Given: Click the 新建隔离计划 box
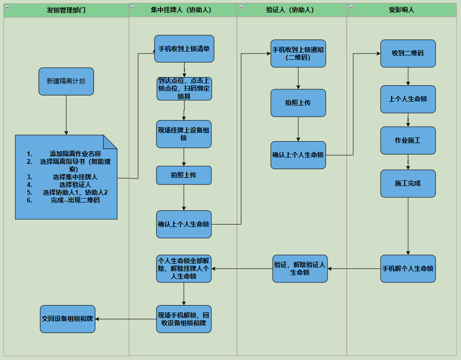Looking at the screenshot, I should (66, 81).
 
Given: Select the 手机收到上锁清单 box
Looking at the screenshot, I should (184, 49).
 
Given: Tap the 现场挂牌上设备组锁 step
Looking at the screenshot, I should (184, 134).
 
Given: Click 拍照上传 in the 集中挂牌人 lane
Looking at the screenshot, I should (184, 175).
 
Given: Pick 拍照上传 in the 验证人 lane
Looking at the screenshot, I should (298, 103).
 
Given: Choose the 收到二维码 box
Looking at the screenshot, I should (408, 53).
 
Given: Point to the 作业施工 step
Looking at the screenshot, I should (408, 140).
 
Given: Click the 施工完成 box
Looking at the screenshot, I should (408, 183).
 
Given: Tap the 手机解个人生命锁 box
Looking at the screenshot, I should (408, 268).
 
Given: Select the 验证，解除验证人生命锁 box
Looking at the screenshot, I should (300, 268).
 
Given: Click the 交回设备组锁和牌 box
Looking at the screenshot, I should (67, 319).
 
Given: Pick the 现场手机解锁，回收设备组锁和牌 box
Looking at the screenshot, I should (184, 319).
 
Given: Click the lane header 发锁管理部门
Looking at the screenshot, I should (66, 10).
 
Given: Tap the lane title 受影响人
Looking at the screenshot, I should (401, 10).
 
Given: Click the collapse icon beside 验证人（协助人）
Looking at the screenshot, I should (241, 7).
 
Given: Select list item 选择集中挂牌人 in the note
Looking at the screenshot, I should (75, 177).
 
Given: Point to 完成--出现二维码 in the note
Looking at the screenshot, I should (75, 200).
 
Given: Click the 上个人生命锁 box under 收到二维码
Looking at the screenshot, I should (408, 99).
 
